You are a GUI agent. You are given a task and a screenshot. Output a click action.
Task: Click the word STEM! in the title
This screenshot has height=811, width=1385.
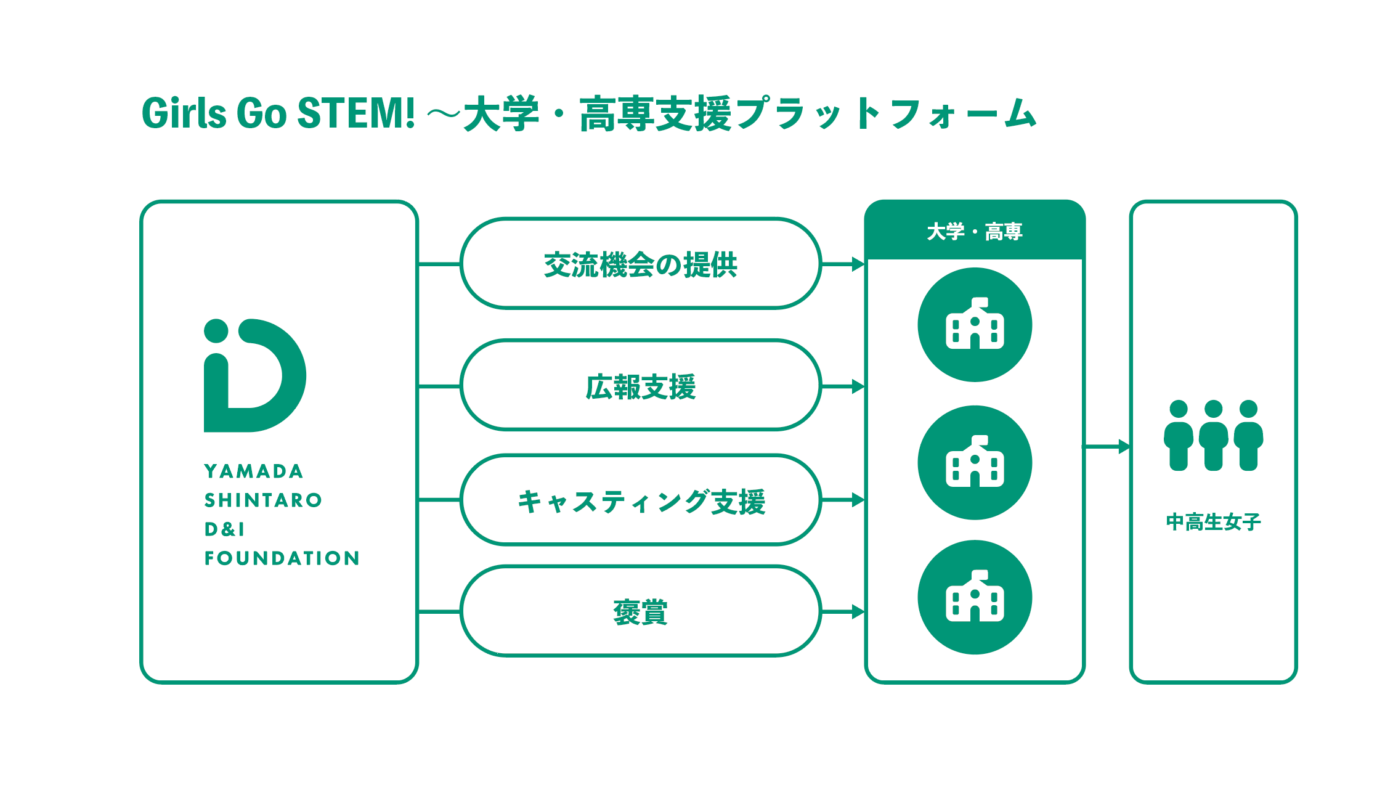point(355,113)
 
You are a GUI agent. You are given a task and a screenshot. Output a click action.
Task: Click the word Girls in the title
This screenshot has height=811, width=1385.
point(184,113)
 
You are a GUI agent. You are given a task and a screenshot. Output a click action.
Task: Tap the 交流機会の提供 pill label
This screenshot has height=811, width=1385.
point(640,265)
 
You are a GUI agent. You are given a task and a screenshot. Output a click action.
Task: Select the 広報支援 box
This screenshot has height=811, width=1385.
point(640,386)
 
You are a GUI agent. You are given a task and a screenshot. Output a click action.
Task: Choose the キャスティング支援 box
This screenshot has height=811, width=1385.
point(640,501)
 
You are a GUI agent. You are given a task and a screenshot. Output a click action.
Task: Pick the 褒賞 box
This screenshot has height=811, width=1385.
point(640,612)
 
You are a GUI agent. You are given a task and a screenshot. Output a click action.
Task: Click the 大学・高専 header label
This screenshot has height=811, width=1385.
point(974,232)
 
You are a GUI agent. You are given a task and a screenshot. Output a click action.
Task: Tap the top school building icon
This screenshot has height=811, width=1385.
point(975,325)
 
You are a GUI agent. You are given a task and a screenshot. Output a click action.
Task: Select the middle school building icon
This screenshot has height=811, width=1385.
point(975,463)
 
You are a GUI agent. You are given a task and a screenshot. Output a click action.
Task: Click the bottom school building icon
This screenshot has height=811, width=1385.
point(975,597)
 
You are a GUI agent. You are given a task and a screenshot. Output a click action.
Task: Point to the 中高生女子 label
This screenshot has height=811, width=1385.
point(1213,522)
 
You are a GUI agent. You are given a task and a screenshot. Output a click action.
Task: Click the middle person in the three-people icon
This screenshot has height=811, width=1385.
point(1213,435)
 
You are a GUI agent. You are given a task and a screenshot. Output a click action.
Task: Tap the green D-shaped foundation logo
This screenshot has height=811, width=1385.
point(254,375)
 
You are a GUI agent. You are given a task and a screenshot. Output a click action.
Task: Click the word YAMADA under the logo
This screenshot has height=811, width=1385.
point(254,471)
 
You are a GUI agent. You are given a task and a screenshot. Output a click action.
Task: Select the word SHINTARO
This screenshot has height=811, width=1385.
point(263,500)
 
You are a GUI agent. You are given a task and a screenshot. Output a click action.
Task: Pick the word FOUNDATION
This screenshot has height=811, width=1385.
point(282,558)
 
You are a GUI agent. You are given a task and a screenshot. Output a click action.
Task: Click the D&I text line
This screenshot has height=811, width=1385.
point(225,529)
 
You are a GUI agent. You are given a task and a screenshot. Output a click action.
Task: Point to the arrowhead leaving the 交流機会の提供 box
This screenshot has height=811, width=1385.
point(858,264)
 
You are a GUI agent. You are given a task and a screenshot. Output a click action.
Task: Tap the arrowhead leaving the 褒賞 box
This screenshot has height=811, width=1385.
point(858,612)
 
